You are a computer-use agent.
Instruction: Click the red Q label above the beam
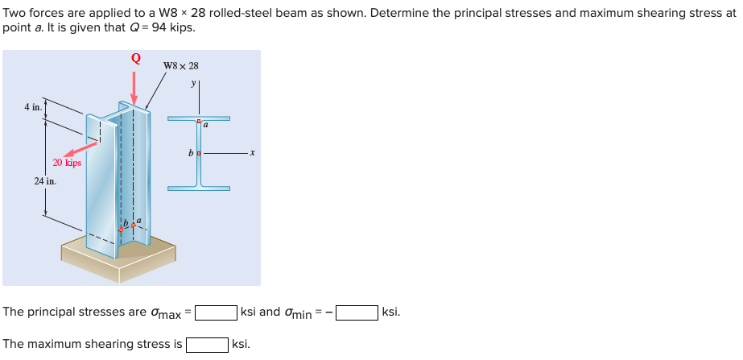135,58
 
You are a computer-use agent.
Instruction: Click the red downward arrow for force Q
134,85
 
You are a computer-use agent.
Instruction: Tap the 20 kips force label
68,163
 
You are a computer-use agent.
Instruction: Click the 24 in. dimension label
45,181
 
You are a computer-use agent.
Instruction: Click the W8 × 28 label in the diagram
180,66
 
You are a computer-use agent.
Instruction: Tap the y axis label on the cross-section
193,83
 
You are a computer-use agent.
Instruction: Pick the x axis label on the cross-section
252,153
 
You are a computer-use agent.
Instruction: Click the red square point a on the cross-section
199,122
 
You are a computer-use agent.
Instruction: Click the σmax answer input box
216,312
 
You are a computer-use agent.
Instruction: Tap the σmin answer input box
357,312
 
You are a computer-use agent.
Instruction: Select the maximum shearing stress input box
207,345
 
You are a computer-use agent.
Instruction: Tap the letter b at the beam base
126,221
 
